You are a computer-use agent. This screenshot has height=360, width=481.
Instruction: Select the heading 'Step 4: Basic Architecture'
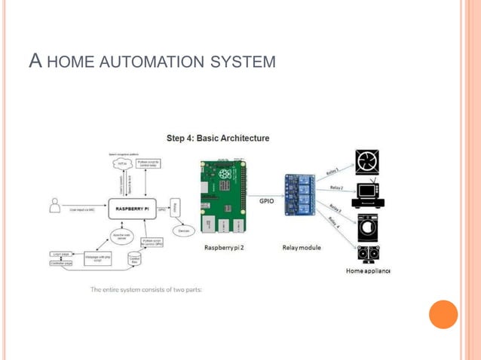[x=218, y=139]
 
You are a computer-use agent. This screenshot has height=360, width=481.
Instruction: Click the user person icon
[x=54, y=204]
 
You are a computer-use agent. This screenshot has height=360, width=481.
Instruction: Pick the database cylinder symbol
[x=136, y=260]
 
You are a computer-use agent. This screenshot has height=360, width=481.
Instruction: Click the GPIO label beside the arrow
[x=267, y=201]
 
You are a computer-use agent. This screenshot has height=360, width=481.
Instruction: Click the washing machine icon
[x=368, y=227]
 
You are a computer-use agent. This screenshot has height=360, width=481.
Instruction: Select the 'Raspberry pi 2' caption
[x=224, y=247]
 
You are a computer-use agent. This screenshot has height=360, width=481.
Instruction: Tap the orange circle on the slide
[x=443, y=314]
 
